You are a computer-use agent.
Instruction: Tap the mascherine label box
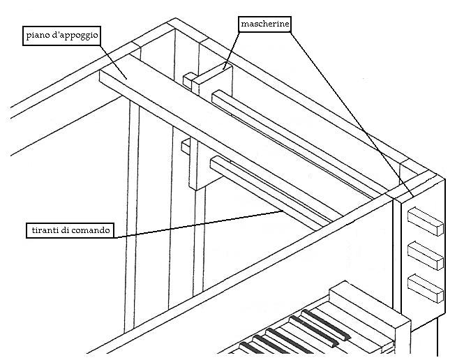[264, 24]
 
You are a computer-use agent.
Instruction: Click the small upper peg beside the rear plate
[188, 79]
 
